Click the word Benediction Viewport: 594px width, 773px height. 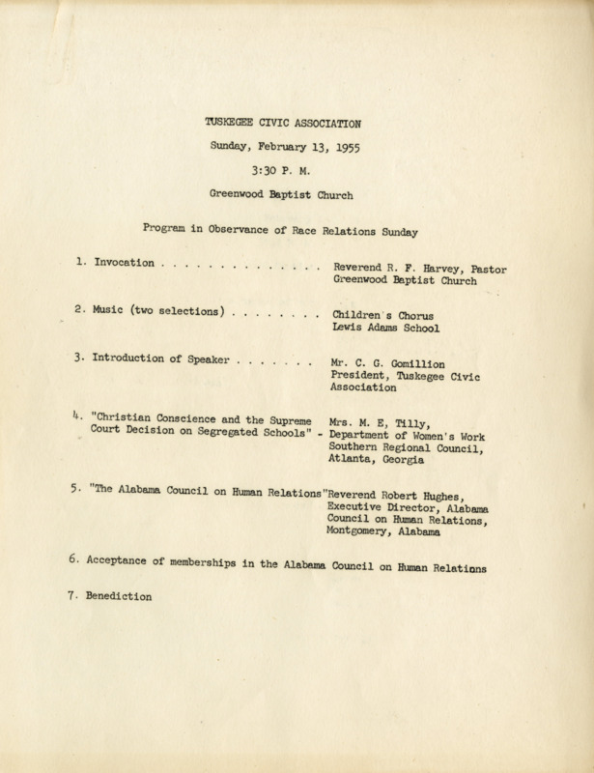coord(120,598)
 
